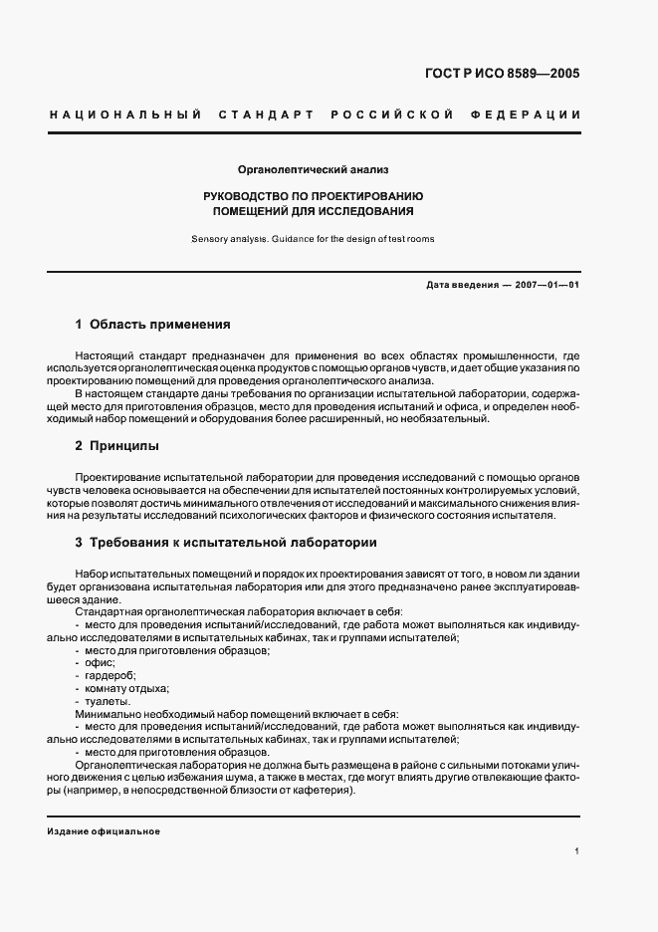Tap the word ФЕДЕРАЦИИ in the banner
[533, 116]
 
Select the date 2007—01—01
[548, 286]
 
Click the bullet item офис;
[101, 662]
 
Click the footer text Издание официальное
[104, 831]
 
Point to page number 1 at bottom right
[577, 851]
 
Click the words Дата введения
[462, 286]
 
